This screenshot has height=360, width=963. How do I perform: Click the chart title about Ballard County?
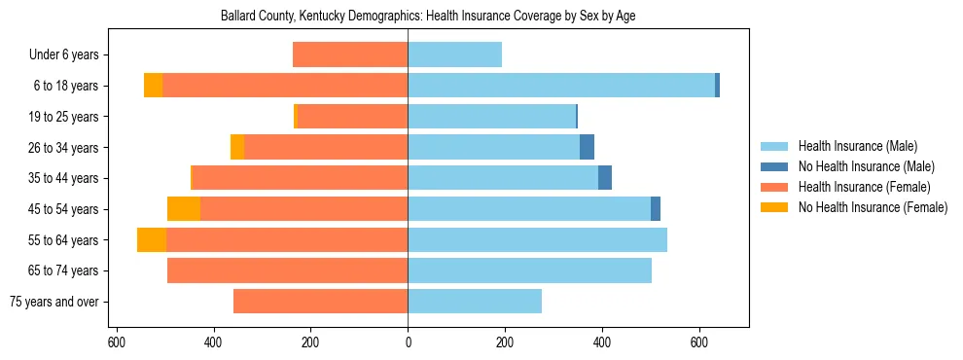pyautogui.click(x=428, y=17)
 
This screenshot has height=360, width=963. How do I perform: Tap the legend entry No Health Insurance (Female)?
pyautogui.click(x=872, y=207)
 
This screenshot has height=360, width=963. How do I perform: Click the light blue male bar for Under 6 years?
pyautogui.click(x=454, y=55)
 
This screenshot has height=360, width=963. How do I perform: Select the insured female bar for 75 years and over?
pyautogui.click(x=320, y=302)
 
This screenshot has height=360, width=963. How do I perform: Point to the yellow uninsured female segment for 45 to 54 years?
pyautogui.click(x=184, y=209)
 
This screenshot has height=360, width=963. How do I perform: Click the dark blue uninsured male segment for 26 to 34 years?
pyautogui.click(x=587, y=148)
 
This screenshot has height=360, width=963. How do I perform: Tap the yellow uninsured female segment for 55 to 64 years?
pyautogui.click(x=152, y=240)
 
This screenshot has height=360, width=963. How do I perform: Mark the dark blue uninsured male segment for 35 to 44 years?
pyautogui.click(x=605, y=178)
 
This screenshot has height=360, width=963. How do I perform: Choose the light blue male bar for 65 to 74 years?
pyautogui.click(x=529, y=270)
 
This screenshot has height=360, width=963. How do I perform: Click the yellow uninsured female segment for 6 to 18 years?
pyautogui.click(x=153, y=86)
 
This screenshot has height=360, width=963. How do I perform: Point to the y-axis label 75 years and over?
pyautogui.click(x=53, y=302)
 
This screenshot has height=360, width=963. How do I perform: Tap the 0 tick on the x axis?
pyautogui.click(x=408, y=343)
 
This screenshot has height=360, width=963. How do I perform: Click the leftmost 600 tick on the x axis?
pyautogui.click(x=117, y=343)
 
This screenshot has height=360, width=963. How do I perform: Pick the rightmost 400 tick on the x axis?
pyautogui.click(x=602, y=343)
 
